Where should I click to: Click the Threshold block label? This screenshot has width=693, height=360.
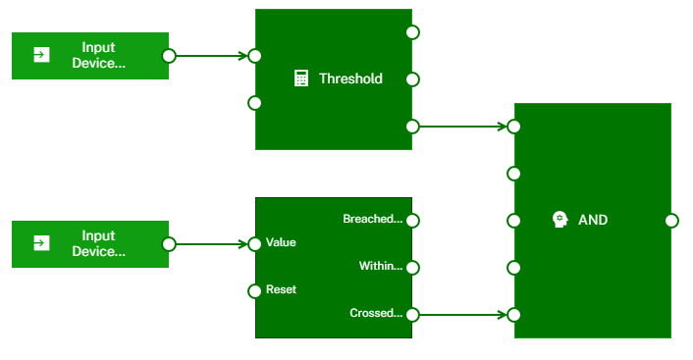click(350, 78)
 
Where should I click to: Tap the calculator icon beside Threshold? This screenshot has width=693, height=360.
click(302, 78)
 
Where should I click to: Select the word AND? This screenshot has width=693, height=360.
click(593, 220)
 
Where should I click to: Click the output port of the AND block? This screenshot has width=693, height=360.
click(671, 220)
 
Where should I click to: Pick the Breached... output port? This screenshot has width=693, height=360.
click(412, 220)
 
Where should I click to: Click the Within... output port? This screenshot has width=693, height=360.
click(412, 267)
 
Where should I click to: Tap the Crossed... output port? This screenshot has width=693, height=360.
click(412, 314)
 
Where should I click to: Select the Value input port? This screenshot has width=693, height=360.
click(255, 243)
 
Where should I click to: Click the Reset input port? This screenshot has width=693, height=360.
click(255, 290)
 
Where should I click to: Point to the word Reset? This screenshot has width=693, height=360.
click(281, 290)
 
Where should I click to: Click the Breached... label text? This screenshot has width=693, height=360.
click(372, 219)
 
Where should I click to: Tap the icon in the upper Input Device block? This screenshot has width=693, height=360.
click(41, 55)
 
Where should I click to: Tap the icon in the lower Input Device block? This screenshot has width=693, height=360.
click(41, 243)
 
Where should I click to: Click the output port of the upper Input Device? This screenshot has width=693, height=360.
click(169, 55)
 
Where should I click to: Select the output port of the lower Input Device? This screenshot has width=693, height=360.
click(169, 243)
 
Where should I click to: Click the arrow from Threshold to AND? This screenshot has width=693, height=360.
click(461, 126)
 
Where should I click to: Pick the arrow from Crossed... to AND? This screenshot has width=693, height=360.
click(461, 314)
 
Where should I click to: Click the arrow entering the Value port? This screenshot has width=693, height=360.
click(210, 243)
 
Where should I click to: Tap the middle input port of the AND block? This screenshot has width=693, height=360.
click(513, 220)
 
